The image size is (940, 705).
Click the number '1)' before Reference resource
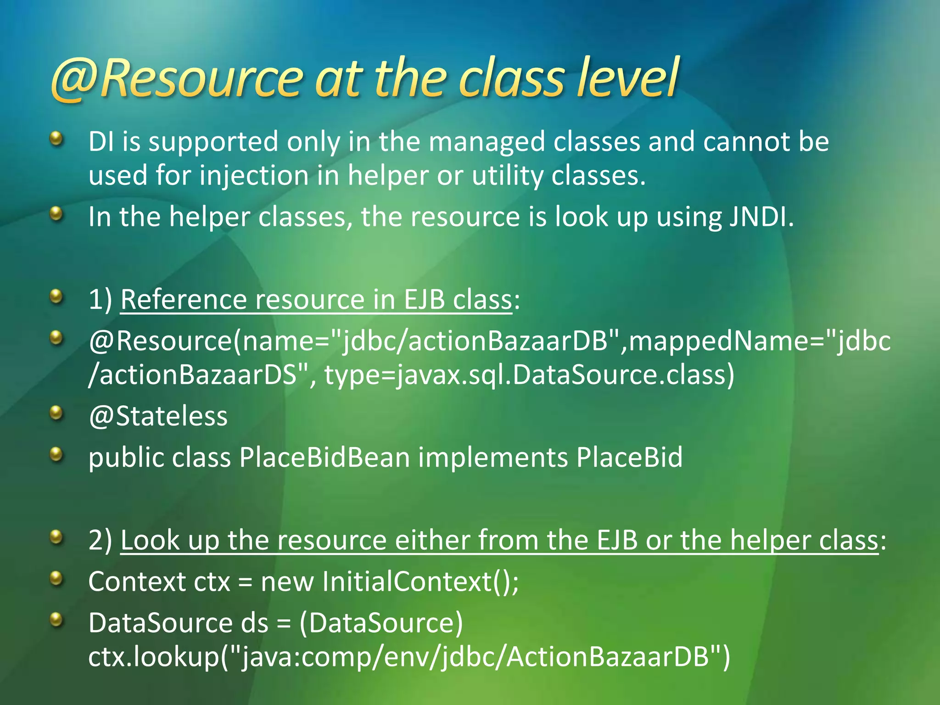pos(101,300)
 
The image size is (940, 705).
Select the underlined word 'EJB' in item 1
pos(424,300)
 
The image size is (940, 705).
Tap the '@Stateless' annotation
pos(158,417)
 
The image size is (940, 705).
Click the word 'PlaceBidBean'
pos(324,458)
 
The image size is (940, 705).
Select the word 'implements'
pos(493,458)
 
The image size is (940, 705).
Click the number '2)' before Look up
pos(101,540)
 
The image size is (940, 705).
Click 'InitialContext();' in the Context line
pos(420,582)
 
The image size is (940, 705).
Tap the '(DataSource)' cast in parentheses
pos(381,623)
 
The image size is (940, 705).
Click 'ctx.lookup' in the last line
pos(154,657)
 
